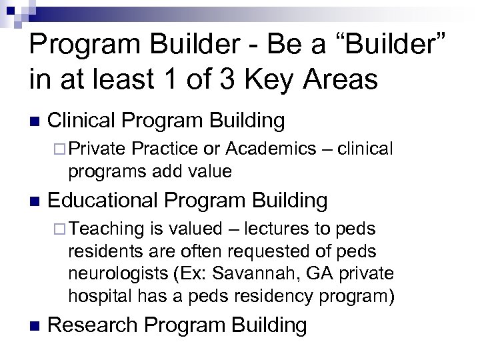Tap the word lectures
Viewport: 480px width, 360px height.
click(x=272, y=229)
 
